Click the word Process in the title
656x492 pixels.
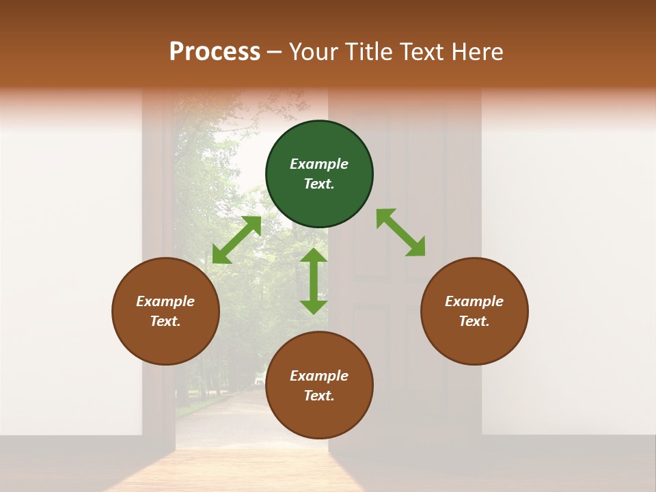click(215, 52)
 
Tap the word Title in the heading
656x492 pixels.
click(371, 52)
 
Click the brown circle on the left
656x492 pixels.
click(165, 311)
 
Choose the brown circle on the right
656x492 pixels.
click(474, 311)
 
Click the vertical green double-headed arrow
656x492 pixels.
click(314, 281)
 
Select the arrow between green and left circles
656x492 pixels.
click(236, 240)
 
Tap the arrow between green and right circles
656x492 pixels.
click(401, 232)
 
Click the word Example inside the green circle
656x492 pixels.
click(319, 164)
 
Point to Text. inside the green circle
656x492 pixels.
click(319, 184)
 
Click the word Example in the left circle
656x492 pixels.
click(165, 301)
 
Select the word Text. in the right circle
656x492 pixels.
click(474, 321)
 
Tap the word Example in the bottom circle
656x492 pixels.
click(319, 376)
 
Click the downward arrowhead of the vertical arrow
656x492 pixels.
click(314, 306)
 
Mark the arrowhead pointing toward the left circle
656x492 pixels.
click(220, 256)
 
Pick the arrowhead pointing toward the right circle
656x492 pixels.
click(416, 248)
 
